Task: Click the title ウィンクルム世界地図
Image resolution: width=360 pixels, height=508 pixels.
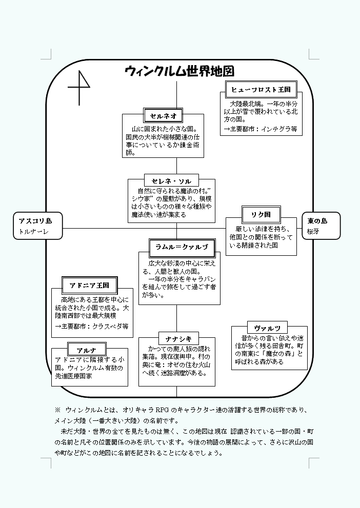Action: click(179, 71)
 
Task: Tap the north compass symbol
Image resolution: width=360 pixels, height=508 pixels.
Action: click(79, 88)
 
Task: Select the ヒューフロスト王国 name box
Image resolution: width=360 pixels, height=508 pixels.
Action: click(261, 90)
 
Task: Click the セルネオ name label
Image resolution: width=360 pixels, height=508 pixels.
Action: click(163, 116)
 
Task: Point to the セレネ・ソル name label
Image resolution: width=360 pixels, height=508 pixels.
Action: click(171, 181)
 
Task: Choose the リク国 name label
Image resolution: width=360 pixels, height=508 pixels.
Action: click(261, 214)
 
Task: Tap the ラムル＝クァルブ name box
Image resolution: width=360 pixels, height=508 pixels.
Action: click(182, 247)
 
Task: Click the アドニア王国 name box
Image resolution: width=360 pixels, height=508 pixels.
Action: click(89, 286)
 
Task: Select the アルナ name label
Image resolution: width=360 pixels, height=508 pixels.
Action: click(87, 350)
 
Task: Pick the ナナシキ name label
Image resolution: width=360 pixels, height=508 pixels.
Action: click(178, 339)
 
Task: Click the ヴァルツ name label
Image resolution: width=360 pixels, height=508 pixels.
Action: click(267, 328)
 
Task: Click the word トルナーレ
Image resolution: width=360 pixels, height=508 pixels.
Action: click(33, 232)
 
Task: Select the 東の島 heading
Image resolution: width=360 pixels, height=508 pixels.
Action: click(317, 221)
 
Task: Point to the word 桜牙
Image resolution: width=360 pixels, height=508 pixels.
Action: click(313, 231)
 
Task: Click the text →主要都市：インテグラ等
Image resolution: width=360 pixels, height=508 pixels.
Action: click(261, 129)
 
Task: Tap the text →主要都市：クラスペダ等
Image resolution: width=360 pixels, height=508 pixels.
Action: click(92, 326)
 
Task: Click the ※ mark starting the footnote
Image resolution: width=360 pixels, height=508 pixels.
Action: click(57, 410)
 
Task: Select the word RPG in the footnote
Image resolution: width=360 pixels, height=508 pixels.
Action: click(162, 410)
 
